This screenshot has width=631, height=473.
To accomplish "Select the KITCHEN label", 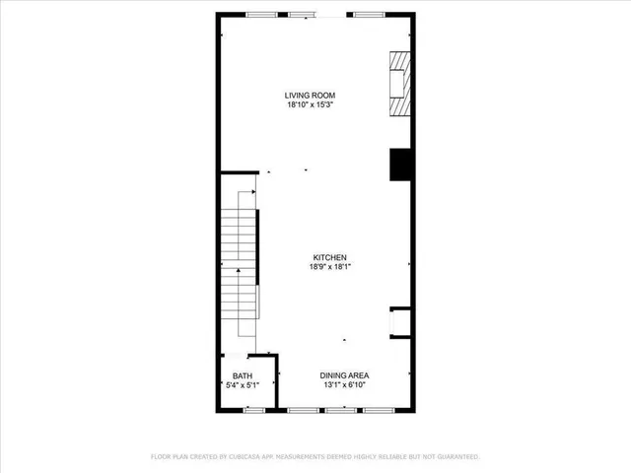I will click(x=328, y=256).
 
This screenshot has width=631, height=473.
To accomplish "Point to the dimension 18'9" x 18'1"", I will click(x=328, y=266).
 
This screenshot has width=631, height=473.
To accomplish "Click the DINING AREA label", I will click(x=343, y=375).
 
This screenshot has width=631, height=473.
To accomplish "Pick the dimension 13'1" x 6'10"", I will click(x=343, y=385).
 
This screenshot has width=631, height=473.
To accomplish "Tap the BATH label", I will click(x=242, y=376).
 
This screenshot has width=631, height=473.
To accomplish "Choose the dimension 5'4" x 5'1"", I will click(x=242, y=386).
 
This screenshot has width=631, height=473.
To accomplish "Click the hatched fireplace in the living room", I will click(x=396, y=84).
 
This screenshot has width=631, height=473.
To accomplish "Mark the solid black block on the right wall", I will click(x=400, y=165).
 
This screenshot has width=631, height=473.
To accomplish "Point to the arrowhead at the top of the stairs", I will click(x=254, y=193).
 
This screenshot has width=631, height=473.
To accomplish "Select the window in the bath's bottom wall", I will click(x=254, y=409).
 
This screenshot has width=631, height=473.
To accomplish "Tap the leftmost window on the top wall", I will click(x=261, y=14).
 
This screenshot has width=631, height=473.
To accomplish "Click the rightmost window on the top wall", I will click(x=369, y=14).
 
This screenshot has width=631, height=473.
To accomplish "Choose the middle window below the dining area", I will click(x=340, y=409).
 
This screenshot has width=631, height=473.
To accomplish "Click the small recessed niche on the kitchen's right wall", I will click(x=399, y=322).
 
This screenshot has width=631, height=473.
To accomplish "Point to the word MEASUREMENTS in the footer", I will click(x=313, y=457).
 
